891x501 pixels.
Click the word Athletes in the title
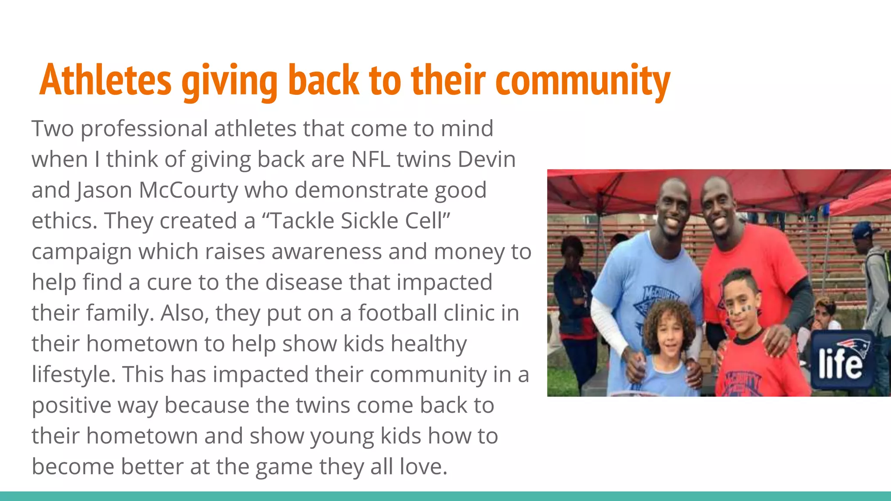tap(106, 80)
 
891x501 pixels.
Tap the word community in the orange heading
tap(583, 81)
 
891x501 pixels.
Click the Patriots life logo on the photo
tap(841, 359)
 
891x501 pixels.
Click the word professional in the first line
tap(144, 129)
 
